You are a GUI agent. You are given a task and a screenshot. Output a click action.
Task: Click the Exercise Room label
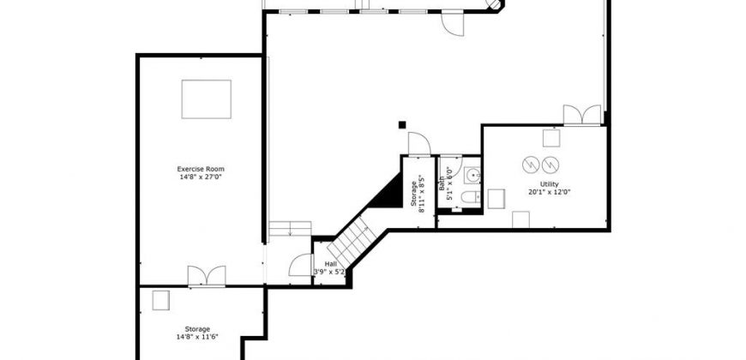(x=201, y=169)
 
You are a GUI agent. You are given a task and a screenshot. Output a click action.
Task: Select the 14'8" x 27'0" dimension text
(x=201, y=177)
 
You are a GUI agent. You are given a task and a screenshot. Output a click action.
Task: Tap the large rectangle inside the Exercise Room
(x=207, y=99)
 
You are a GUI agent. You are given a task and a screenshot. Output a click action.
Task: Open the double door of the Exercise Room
(x=207, y=276)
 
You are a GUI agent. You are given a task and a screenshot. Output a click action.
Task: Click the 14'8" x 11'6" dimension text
(x=197, y=337)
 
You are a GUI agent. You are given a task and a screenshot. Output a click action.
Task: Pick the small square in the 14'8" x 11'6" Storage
(x=161, y=301)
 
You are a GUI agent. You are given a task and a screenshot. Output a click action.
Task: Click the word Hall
(x=330, y=264)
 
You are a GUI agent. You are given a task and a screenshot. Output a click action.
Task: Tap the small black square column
(x=402, y=125)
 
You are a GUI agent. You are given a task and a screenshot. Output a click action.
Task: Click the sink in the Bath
(x=472, y=176)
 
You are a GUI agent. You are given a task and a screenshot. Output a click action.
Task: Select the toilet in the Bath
(x=471, y=196)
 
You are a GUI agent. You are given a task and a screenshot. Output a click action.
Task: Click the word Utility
(x=550, y=184)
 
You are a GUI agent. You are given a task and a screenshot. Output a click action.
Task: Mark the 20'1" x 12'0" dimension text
(x=550, y=193)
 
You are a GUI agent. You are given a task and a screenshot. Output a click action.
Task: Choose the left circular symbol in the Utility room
(x=531, y=165)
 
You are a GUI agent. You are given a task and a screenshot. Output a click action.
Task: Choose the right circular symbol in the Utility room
(x=550, y=165)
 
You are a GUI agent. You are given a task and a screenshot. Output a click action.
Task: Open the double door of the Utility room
(x=582, y=115)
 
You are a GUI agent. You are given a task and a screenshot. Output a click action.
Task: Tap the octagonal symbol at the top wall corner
(x=494, y=5)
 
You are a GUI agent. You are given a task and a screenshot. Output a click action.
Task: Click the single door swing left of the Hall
(x=301, y=266)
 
